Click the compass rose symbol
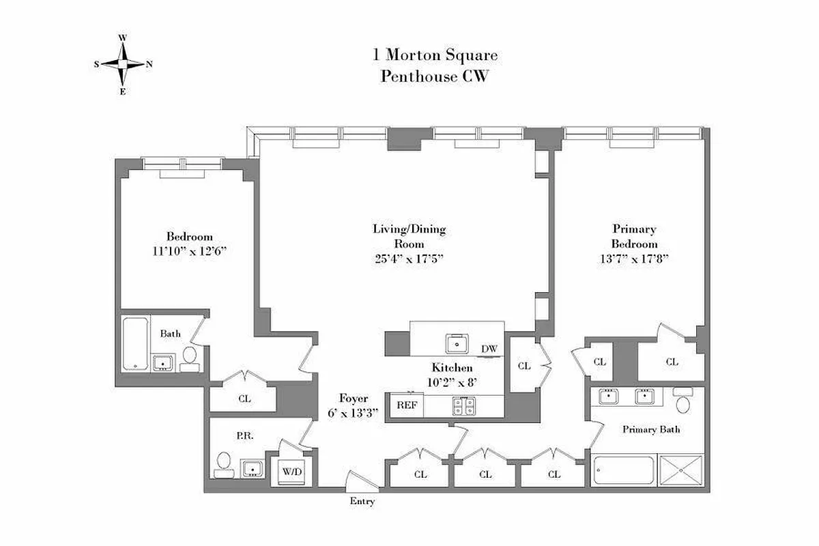tap(123, 64)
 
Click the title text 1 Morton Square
tap(434, 55)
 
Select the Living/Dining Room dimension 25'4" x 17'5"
tap(409, 258)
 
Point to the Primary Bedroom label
tap(634, 236)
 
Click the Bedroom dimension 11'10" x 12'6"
tap(189, 250)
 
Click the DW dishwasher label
tap(489, 349)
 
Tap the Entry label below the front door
tap(362, 502)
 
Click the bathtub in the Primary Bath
tap(623, 471)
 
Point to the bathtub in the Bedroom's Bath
tap(134, 343)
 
